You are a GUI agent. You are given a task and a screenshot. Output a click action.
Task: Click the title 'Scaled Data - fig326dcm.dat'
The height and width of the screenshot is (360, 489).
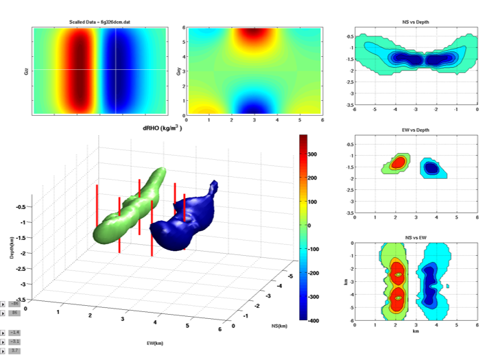(x=95, y=23)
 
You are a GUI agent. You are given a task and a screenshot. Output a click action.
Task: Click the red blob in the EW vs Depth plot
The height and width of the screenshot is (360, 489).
(x=398, y=164)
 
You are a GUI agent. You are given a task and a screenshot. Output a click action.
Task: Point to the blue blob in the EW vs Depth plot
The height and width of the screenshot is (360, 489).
(x=431, y=167)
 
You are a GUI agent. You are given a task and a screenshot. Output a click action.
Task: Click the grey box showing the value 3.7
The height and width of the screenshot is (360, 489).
(x=15, y=350)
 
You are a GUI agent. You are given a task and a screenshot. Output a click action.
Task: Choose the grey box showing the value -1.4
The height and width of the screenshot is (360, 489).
(x=15, y=332)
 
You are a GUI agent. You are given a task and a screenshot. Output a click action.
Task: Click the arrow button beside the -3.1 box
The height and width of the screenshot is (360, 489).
(x=3, y=341)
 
